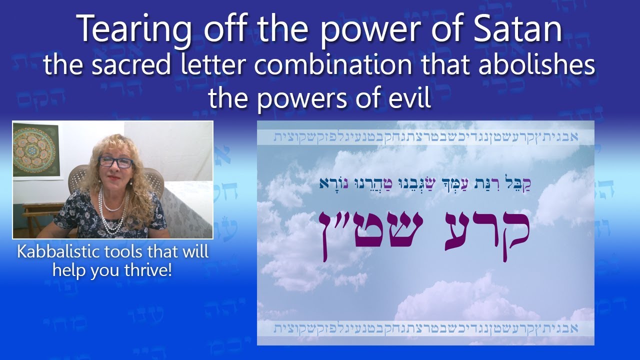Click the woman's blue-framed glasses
115,162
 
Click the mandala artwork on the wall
36,149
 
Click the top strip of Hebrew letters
425,137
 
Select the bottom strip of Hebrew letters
425,328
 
